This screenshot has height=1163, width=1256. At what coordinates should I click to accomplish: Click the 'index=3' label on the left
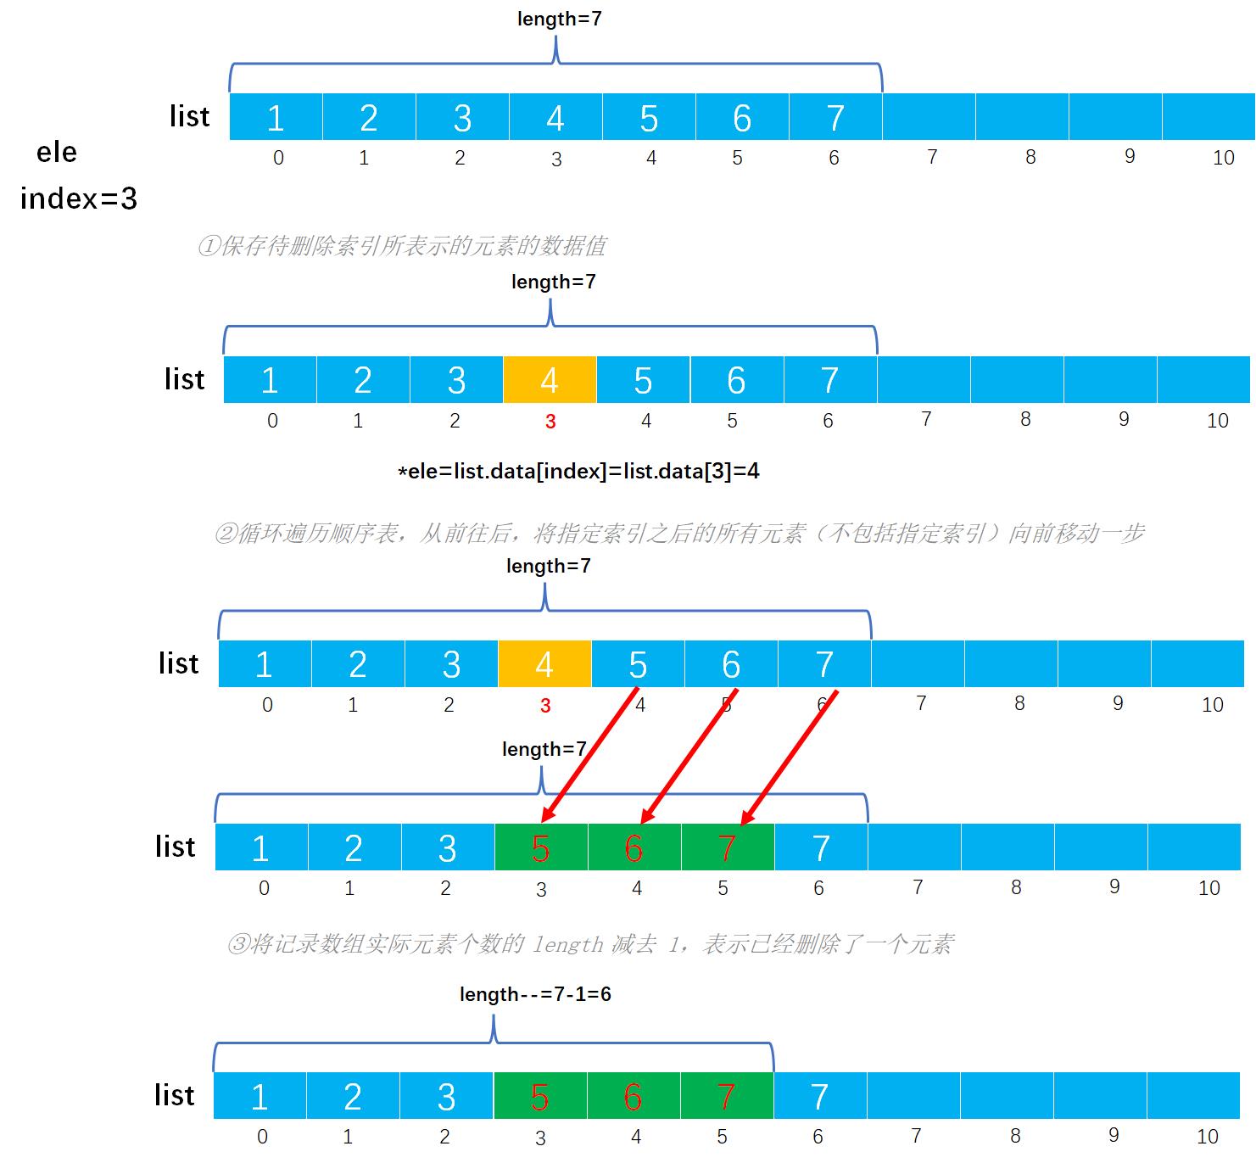(x=78, y=198)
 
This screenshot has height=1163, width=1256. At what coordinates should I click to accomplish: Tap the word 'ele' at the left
(x=56, y=152)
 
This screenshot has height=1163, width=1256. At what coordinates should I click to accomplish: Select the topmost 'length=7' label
(x=559, y=19)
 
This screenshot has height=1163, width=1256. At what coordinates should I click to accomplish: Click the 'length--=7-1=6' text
(x=535, y=994)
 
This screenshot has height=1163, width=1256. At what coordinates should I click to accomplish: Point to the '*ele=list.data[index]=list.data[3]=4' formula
(x=578, y=472)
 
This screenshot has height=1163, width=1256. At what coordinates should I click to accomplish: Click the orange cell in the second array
(x=550, y=380)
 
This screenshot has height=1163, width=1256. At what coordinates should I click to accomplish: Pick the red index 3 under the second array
(x=550, y=422)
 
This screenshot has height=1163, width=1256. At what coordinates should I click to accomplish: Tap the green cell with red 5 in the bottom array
(x=540, y=1096)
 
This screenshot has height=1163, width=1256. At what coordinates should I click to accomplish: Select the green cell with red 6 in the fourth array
(x=634, y=847)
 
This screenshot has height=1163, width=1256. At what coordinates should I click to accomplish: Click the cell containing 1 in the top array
(x=276, y=117)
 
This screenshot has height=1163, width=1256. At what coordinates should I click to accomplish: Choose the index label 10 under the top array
(x=1223, y=158)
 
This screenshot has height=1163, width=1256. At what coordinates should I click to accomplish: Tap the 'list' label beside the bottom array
(x=175, y=1094)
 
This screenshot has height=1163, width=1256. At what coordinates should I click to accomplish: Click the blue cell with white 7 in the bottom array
(x=820, y=1096)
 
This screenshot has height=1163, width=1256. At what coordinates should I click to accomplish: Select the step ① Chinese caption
(x=402, y=245)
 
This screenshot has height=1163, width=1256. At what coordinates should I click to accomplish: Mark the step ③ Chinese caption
(x=590, y=943)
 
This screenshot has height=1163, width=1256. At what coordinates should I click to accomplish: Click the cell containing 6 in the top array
(x=742, y=117)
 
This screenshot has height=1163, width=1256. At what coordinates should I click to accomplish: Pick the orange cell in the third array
(x=544, y=663)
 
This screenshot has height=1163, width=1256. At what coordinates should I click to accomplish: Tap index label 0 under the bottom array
(x=262, y=1137)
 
